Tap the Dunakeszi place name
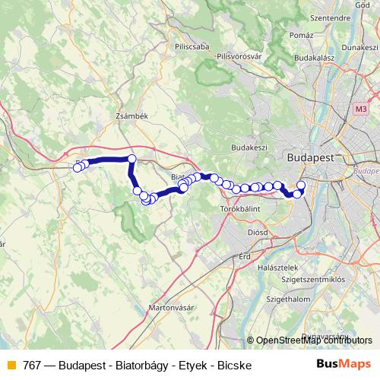tap(359, 47)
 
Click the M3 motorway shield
tap(360, 109)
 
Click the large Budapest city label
tap(312, 157)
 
